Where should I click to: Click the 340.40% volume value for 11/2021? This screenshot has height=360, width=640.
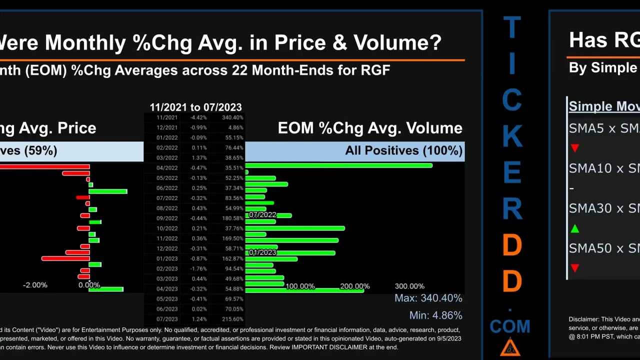(x=232, y=117)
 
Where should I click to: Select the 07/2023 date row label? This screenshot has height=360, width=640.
(x=167, y=319)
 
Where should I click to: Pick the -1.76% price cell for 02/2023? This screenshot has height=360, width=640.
(x=198, y=268)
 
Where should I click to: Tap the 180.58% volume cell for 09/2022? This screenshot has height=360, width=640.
(x=232, y=218)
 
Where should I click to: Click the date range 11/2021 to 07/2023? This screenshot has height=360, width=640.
(x=195, y=107)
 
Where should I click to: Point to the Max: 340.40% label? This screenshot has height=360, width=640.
(x=428, y=298)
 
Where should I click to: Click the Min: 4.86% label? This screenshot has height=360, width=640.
(x=435, y=315)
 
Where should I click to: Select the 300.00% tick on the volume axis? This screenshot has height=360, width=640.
(x=409, y=286)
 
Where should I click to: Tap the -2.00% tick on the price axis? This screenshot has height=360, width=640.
(x=35, y=285)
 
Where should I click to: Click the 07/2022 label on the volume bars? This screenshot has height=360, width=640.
(x=262, y=214)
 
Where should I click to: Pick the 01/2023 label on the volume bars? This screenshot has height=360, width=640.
(x=262, y=252)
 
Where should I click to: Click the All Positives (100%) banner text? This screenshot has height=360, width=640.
(x=403, y=150)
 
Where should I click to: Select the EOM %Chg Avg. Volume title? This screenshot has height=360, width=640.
(x=370, y=128)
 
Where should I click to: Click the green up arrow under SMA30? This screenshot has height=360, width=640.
(x=575, y=228)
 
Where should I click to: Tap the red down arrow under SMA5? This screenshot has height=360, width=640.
(x=575, y=148)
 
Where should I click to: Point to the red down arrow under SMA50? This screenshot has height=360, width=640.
(x=575, y=268)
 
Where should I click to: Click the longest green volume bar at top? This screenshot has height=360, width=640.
(x=338, y=165)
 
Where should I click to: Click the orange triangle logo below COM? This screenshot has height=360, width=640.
(x=510, y=347)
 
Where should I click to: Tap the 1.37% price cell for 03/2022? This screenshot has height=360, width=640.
(x=198, y=158)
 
